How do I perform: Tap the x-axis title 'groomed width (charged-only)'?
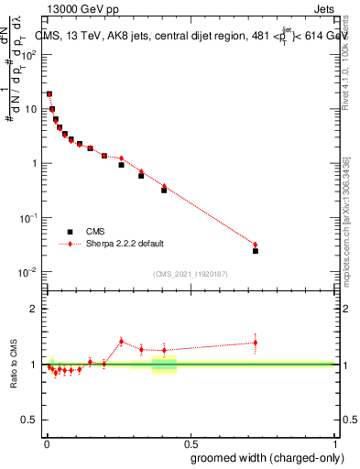click(x=263, y=457)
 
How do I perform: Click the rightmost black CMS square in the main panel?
click(x=256, y=250)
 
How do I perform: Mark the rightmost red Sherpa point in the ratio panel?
click(x=256, y=343)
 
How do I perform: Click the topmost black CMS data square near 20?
click(x=49, y=93)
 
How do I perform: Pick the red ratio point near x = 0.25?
click(x=121, y=341)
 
